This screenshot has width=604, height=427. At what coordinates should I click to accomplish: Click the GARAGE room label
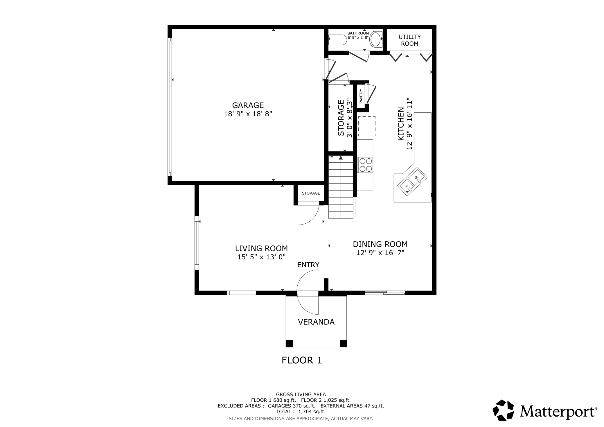click(248, 105)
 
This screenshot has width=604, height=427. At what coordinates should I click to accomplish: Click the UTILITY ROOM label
click(409, 40)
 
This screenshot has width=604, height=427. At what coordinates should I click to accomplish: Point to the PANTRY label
click(361, 96)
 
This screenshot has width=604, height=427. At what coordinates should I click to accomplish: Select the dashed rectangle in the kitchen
click(366, 126)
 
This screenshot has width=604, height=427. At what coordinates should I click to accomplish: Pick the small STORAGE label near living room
click(311, 193)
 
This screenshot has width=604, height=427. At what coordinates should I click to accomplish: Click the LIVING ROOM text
click(261, 248)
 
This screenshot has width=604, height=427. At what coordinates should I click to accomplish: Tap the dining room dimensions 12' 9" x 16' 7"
click(380, 253)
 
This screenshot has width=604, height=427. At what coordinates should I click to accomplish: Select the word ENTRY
click(308, 265)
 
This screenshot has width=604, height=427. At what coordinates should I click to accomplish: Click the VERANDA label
click(316, 322)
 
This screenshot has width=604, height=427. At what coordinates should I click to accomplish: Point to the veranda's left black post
click(289, 343)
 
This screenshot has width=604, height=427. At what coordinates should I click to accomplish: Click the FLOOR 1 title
click(302, 360)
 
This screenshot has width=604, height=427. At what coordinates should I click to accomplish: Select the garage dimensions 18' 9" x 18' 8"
click(248, 114)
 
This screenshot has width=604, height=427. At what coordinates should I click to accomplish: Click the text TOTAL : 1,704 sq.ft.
click(301, 412)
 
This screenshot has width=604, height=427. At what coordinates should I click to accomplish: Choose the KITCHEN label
click(401, 124)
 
